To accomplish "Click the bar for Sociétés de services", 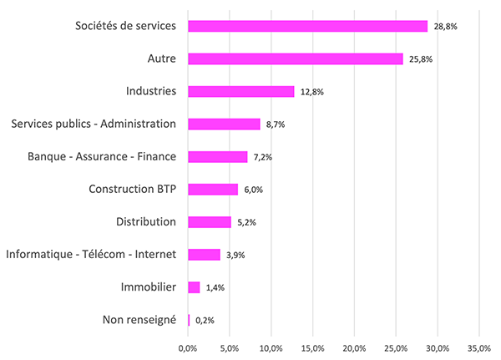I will [307, 26].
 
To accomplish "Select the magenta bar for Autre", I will [296, 58].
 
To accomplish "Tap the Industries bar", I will [241, 91].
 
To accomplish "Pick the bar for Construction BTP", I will [213, 189].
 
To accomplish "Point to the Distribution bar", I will [210, 221].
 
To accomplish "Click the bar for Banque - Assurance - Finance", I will [218, 156].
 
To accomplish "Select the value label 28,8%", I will [445, 27].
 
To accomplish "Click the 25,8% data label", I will [420, 59].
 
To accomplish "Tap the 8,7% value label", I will [276, 124].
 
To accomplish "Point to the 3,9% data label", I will [236, 255].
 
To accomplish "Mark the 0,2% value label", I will [205, 320].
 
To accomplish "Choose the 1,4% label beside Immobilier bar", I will [215, 287].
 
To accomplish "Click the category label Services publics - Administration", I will [94, 124].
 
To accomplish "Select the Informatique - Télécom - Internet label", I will [91, 254].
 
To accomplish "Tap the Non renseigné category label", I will [139, 319].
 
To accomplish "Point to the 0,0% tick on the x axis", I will [188, 347].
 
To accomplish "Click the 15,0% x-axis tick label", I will [313, 347].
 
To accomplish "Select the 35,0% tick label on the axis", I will [478, 347].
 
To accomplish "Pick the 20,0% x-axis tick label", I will [354, 347].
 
